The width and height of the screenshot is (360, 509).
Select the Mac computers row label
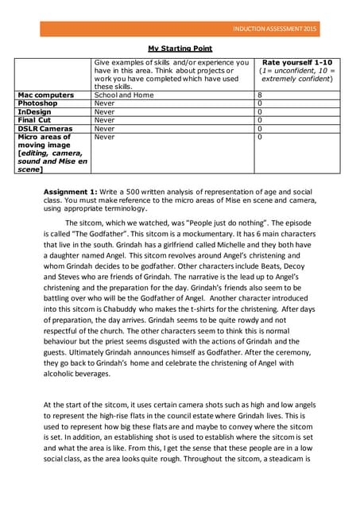45,95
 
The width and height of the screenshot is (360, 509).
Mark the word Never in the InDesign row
104,111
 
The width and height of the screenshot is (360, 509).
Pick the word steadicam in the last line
286,459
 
